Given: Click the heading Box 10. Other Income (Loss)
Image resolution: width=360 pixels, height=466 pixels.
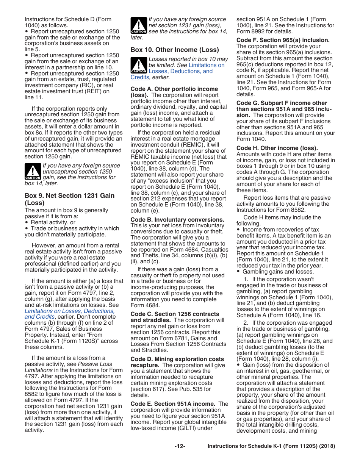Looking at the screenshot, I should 175,50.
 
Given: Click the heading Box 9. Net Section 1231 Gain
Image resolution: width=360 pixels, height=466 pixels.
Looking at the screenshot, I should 69,195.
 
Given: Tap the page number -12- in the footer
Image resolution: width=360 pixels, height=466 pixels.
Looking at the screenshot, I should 180,446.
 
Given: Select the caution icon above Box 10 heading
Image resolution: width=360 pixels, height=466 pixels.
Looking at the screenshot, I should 138,25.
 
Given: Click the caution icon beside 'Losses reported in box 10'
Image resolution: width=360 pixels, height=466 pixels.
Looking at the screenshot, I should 138,65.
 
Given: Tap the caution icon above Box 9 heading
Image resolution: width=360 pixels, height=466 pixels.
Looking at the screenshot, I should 33,172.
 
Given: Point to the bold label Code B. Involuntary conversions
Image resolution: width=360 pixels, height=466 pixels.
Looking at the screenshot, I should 177,220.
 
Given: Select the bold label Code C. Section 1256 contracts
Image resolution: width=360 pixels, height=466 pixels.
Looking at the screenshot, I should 175,314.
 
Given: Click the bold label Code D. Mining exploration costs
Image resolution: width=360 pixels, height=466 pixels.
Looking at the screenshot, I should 177,359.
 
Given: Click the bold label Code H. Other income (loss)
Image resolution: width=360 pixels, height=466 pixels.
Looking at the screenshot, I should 277,148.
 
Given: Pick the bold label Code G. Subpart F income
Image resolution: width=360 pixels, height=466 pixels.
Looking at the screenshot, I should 282,103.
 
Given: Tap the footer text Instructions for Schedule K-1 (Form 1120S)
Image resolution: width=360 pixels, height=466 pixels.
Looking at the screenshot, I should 271,446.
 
